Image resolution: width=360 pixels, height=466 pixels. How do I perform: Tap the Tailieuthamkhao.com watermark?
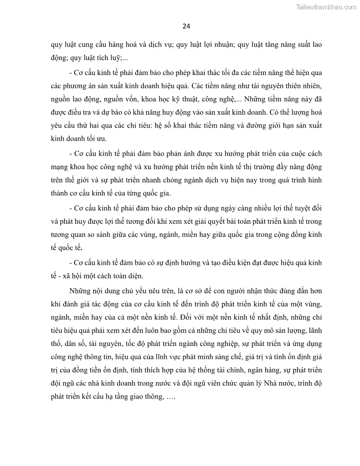point(325,7)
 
